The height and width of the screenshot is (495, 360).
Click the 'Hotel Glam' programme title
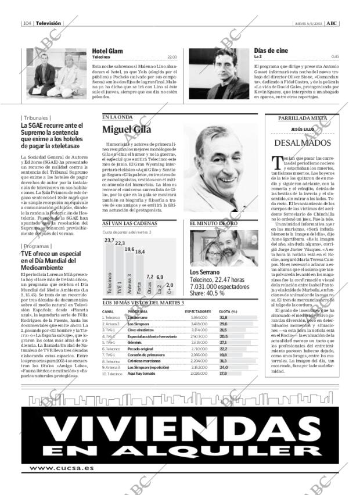coord(107,51)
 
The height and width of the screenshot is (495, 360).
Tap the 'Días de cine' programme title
coord(271,51)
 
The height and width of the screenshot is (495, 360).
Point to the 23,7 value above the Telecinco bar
coord(109,239)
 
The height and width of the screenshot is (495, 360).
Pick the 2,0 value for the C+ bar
coord(170,285)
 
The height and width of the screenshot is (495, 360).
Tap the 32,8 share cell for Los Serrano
coord(224,318)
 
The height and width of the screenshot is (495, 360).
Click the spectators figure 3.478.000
coord(199,324)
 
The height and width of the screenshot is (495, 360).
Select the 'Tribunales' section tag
coord(35,118)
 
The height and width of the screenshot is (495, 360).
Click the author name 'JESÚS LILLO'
coord(302,129)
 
